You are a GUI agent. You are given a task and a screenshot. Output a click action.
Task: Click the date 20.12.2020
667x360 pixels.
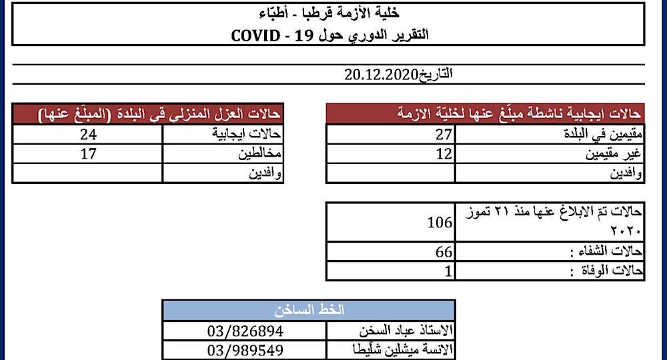[381, 74]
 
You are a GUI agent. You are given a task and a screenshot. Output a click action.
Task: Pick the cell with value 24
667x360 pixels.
[87, 135]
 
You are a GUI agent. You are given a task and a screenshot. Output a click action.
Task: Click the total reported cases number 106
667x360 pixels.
[440, 223]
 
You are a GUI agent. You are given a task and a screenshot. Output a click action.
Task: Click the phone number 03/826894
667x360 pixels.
[245, 331]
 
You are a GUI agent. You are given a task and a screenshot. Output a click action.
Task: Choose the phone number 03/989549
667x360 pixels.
[245, 350]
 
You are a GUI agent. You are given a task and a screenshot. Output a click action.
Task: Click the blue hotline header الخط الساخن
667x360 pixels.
[309, 310]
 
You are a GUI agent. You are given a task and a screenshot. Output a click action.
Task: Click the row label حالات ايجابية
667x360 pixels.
[248, 135]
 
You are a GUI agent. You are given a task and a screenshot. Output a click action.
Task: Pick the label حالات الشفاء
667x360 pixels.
[608, 252]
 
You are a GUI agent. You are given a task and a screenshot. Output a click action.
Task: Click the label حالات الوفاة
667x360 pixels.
[607, 271]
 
